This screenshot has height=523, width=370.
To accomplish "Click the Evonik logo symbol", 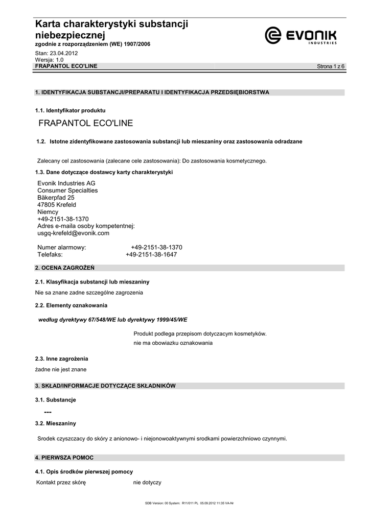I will click(273, 35).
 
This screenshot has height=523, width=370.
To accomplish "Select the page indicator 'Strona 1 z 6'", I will click(331, 67).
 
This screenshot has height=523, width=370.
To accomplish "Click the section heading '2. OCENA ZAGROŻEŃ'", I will click(64, 268).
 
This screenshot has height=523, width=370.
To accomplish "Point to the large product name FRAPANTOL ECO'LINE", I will click(86, 123).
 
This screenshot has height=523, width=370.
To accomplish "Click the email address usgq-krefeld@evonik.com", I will click(74, 233).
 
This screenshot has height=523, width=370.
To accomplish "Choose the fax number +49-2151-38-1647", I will click(151, 254).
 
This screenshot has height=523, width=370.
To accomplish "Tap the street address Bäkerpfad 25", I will click(56, 198).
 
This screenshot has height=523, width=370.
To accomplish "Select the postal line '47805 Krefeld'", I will click(57, 205).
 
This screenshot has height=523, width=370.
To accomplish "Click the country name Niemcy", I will click(48, 212).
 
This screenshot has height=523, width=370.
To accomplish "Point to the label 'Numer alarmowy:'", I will click(62, 247).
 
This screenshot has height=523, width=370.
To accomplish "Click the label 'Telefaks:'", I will click(50, 254).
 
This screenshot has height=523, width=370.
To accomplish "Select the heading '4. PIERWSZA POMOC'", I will click(64, 458).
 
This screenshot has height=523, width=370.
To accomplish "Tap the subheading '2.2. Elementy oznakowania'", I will click(71, 305).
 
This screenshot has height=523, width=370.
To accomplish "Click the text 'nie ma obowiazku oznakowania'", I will click(173, 343).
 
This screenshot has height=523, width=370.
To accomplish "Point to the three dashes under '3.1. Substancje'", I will click(48, 412).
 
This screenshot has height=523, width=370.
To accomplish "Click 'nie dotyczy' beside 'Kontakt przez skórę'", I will click(147, 483).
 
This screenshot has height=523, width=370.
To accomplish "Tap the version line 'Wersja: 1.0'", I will click(49, 60).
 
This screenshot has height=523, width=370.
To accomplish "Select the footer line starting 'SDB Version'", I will click(189, 504).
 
